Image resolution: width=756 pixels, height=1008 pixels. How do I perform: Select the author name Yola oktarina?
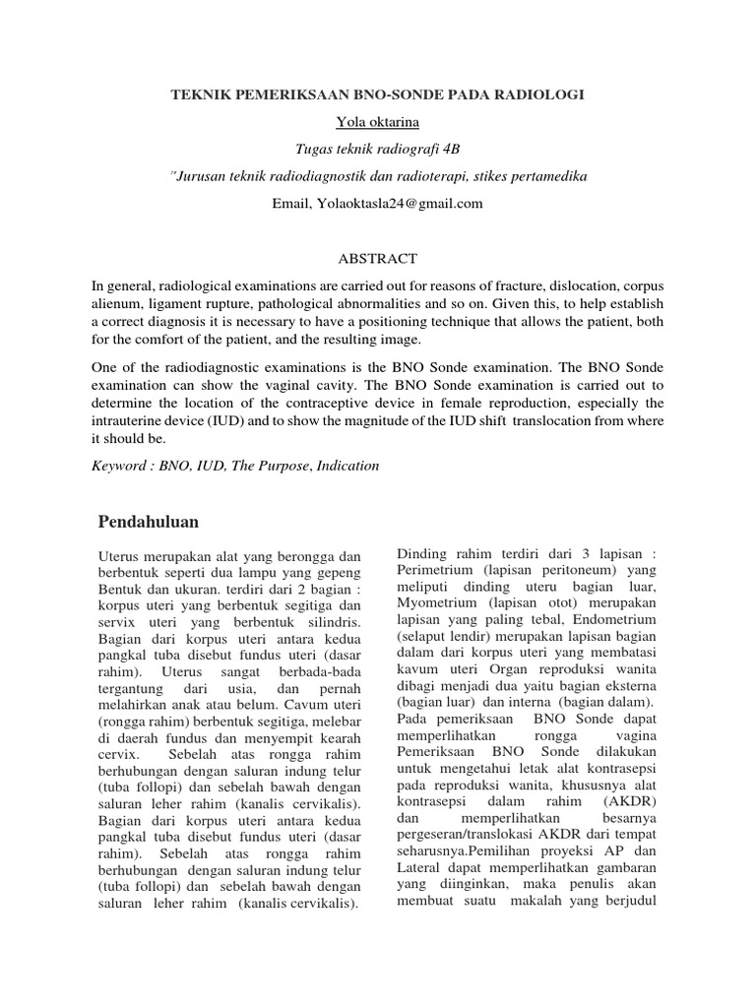(378, 121)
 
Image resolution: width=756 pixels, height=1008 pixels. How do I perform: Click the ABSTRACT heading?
(378, 259)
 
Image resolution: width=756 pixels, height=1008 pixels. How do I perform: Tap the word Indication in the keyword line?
(346, 466)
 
